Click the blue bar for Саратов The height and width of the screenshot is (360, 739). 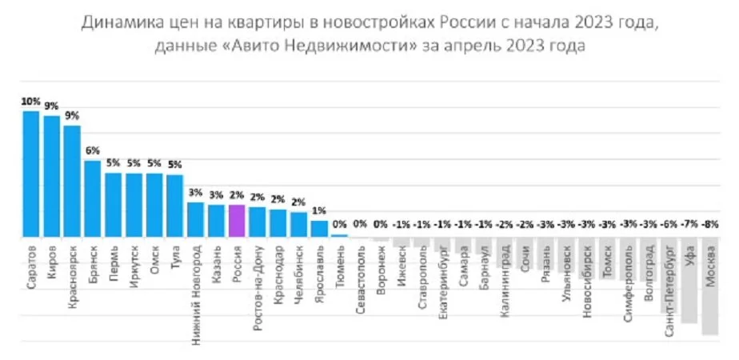[31, 174]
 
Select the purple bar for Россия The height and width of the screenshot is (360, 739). [236, 221]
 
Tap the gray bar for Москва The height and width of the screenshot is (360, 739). [709, 286]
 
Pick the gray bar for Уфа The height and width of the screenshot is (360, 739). [689, 280]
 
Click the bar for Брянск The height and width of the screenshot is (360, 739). [93, 198]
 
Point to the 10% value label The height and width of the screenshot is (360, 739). [31, 102]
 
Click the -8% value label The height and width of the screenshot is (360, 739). [709, 225]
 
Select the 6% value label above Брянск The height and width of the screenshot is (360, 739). [93, 150]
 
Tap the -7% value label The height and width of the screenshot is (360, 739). [689, 225]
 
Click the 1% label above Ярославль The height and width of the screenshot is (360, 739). [319, 210]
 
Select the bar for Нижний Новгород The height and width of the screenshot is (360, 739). [195, 219]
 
